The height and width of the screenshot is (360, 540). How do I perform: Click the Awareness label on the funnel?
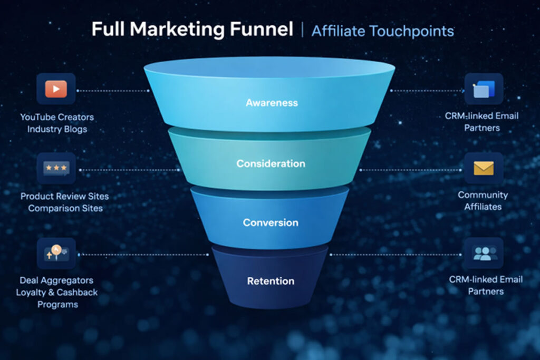pos(272,103)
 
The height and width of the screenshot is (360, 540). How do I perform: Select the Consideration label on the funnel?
pos(271,163)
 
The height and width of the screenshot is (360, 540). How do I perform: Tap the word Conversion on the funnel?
pos(271,222)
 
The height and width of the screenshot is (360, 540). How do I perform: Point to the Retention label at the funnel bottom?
pos(271,281)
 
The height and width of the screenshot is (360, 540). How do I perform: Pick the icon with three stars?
pos(56,168)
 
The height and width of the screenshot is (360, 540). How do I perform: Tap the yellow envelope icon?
pos(483,168)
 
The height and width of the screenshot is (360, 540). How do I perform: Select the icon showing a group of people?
pos(483,254)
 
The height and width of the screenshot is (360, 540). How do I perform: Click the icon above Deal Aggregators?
pos(56,254)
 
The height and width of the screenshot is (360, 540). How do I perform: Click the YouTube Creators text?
pos(57,117)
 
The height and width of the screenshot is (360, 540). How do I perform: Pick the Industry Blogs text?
pos(57,129)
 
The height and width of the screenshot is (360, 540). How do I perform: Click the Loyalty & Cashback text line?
pos(57,293)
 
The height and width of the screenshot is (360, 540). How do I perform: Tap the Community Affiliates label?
pos(483,201)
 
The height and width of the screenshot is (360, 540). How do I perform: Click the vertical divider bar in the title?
pos(302,30)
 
